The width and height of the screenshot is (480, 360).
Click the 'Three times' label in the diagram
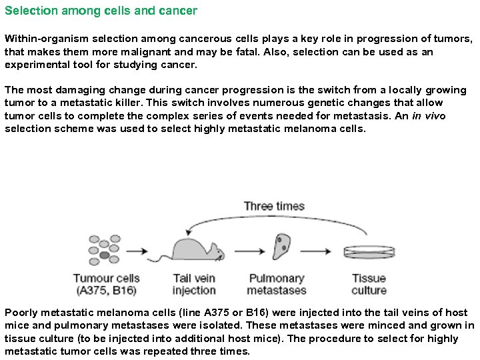(274, 205)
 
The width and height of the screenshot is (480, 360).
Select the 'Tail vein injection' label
(194, 284)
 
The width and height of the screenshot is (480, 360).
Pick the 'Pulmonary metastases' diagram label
(277, 284)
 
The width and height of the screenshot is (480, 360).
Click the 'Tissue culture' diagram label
(369, 284)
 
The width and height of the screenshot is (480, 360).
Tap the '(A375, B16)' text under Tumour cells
(107, 290)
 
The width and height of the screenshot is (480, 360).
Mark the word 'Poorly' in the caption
(20, 312)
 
